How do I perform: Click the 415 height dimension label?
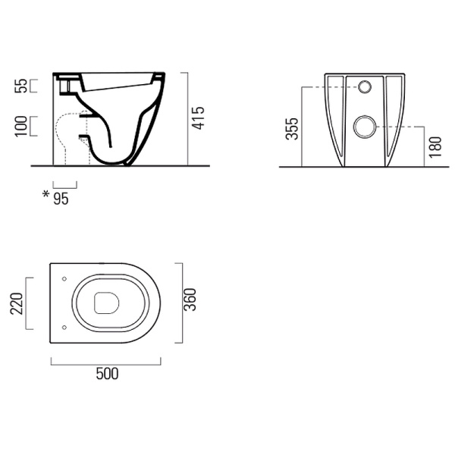click(199, 118)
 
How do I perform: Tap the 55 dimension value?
click(21, 86)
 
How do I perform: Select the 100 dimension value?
click(21, 126)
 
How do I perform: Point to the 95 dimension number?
click(61, 199)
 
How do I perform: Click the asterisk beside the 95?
click(45, 194)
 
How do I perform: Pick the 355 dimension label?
click(292, 129)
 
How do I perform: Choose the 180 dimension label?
click(435, 147)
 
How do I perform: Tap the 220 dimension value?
click(17, 303)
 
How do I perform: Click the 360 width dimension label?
click(190, 300)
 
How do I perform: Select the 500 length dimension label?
click(107, 374)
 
